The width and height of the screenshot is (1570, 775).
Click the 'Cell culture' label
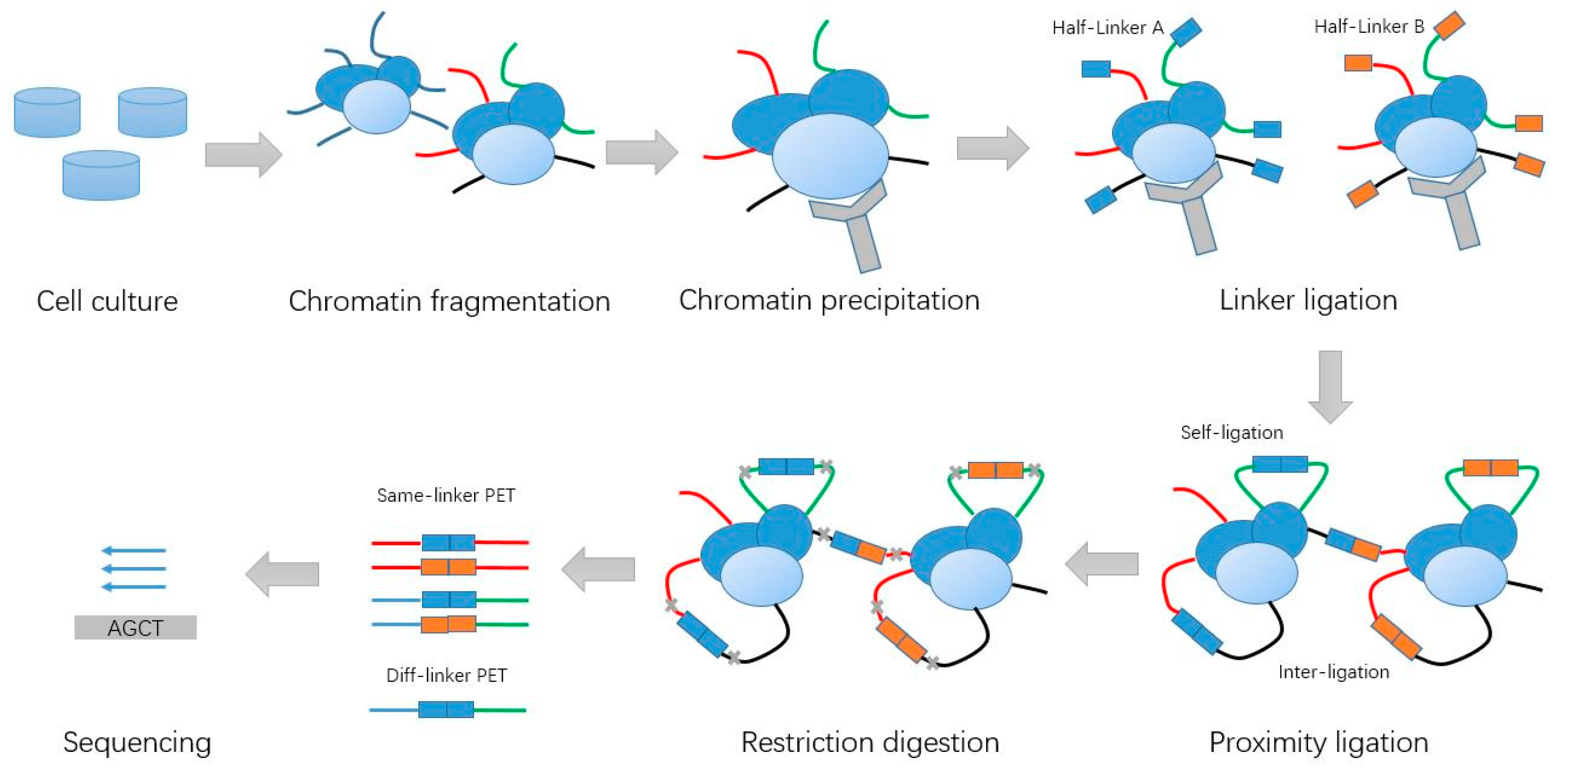[107, 301]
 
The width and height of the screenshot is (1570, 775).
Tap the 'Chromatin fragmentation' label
[449, 301]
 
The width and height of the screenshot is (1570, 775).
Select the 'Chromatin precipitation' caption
[829, 300]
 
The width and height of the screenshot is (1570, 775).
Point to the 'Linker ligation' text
[1308, 300]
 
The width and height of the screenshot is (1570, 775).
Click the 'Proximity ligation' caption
[1318, 742]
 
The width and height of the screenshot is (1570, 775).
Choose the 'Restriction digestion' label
[870, 742]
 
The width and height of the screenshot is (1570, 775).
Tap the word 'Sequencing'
[137, 742]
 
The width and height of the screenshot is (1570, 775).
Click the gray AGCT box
[136, 628]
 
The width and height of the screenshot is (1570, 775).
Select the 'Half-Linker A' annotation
[1107, 28]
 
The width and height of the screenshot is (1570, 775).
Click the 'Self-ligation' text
[1231, 433]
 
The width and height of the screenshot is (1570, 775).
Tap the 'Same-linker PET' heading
[446, 495]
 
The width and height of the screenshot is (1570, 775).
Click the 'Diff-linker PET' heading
[446, 675]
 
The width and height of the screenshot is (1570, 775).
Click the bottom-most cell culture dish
[101, 176]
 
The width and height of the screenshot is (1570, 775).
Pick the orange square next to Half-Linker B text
[1449, 26]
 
